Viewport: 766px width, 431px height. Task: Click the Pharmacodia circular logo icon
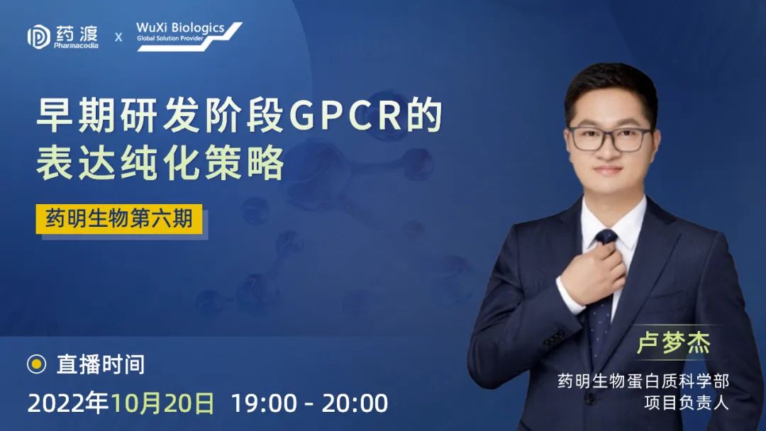[x=38, y=37]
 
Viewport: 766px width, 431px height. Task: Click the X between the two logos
[x=118, y=37]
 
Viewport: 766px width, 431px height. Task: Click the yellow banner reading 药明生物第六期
[x=119, y=218]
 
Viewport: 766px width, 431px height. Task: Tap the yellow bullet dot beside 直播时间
[x=36, y=364]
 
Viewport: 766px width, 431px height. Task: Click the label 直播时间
[x=101, y=364]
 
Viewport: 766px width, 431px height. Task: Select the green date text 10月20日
[x=162, y=403]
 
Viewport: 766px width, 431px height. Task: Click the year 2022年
[x=68, y=403]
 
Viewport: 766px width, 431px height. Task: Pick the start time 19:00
[x=264, y=403]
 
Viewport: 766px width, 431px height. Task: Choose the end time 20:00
[x=355, y=403]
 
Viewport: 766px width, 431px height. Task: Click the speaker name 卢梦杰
[x=673, y=343]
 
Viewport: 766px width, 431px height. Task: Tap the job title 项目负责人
[x=687, y=403]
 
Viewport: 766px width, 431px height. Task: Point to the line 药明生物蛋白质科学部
[x=643, y=381]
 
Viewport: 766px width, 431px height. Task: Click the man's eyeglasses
[x=610, y=139]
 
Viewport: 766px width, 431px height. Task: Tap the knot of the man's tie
[x=606, y=237]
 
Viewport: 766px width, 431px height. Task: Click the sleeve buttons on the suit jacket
[x=554, y=337]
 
